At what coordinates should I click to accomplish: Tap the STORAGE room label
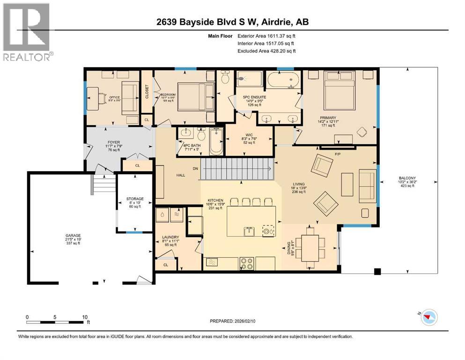(135, 199)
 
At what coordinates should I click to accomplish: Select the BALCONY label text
(406, 178)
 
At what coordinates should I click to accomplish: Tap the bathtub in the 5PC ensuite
(283, 81)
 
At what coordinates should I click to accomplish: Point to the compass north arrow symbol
(428, 318)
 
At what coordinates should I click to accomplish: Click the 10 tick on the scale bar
(85, 317)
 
